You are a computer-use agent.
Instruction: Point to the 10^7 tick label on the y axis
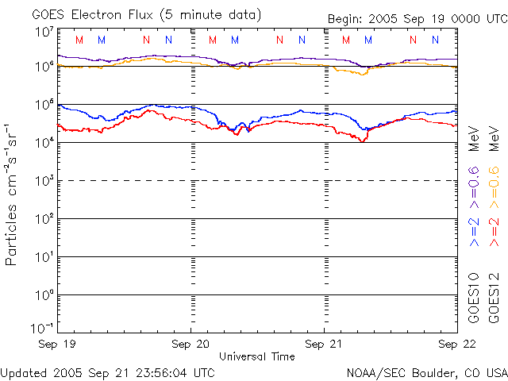[x=43, y=32]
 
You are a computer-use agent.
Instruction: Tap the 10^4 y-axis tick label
[x=43, y=141]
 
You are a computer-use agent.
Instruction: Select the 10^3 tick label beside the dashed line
[x=43, y=179]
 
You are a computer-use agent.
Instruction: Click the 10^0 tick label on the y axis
[x=43, y=294]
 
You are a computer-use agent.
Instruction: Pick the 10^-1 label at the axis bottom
[x=43, y=327]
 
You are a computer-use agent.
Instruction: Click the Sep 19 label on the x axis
[x=58, y=344]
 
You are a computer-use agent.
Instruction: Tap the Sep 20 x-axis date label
[x=191, y=344]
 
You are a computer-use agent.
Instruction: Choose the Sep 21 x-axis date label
[x=325, y=344]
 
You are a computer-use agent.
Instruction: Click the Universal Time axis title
[x=257, y=356]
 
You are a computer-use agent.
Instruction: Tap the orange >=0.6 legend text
[x=494, y=182]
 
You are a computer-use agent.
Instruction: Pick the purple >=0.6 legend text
[x=474, y=182]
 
